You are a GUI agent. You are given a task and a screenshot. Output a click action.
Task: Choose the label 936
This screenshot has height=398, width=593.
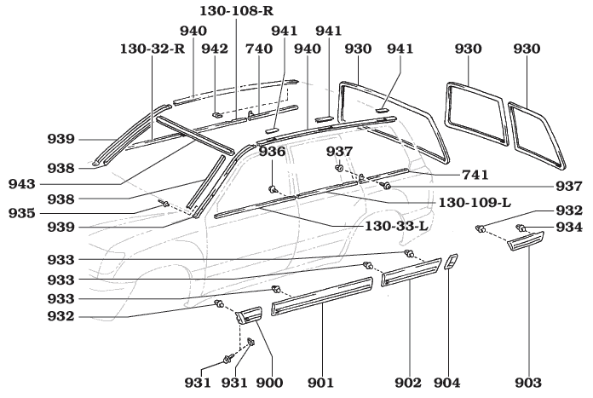(273, 151)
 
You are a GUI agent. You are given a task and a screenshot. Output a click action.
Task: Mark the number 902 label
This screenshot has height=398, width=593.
(412, 383)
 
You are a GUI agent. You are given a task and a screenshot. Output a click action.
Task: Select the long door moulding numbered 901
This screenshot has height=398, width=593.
(324, 296)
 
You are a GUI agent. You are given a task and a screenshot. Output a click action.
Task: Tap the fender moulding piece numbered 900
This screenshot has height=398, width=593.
(247, 315)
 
